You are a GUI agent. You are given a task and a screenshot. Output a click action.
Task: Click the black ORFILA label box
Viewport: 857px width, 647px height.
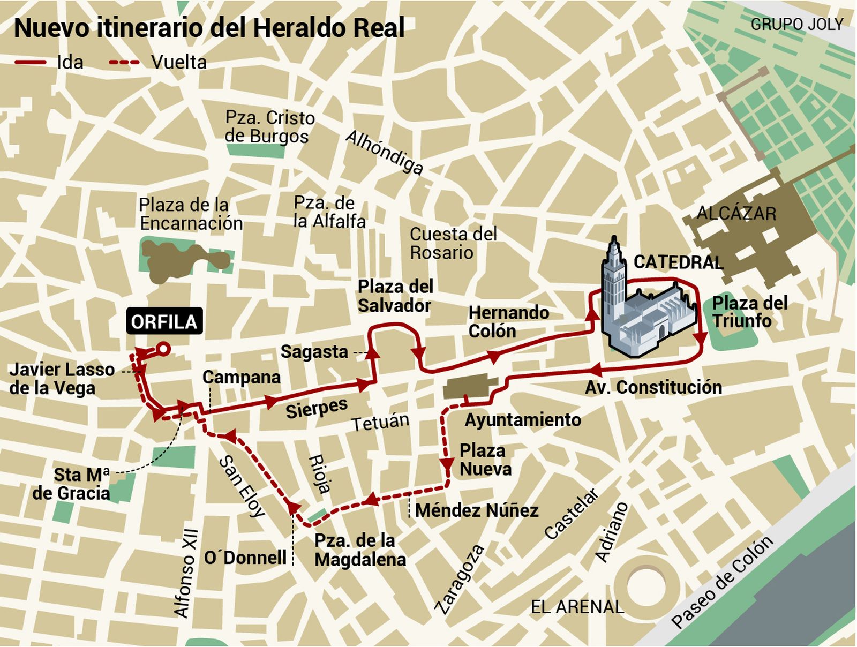164,321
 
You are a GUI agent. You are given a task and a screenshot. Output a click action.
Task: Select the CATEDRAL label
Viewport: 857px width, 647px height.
678,262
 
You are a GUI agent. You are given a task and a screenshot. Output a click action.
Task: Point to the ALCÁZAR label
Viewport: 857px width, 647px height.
736,214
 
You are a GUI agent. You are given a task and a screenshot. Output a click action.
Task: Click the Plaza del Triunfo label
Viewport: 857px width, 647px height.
749,312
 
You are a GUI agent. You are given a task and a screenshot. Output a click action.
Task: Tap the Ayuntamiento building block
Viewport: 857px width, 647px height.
470,387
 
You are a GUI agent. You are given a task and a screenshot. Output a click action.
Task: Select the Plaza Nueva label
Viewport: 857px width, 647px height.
485,460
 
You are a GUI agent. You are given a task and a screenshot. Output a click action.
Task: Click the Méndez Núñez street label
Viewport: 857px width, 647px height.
477,510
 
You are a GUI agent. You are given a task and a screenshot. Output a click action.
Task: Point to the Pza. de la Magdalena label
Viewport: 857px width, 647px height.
359,550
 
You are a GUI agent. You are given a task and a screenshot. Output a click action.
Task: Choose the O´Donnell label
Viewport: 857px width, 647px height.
245,558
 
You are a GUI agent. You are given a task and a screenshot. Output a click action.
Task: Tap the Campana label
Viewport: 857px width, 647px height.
242,377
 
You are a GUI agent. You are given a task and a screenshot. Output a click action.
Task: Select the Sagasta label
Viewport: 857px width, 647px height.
314,352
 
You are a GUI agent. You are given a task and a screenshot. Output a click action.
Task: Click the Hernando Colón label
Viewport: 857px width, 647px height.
508,322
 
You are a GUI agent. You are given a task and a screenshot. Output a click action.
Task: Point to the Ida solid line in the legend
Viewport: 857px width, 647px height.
31,63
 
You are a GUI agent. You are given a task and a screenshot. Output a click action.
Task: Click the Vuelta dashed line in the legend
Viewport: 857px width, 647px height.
124,63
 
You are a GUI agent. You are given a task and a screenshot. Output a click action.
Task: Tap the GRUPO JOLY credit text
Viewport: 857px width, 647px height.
796,24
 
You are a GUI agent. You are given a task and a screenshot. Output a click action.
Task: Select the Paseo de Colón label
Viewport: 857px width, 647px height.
721,582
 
